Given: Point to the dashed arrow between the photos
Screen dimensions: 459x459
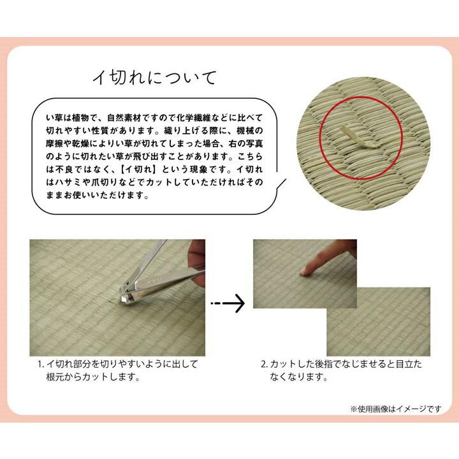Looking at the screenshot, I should coord(228,303).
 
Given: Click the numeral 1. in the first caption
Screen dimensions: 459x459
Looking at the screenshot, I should coord(40,365).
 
